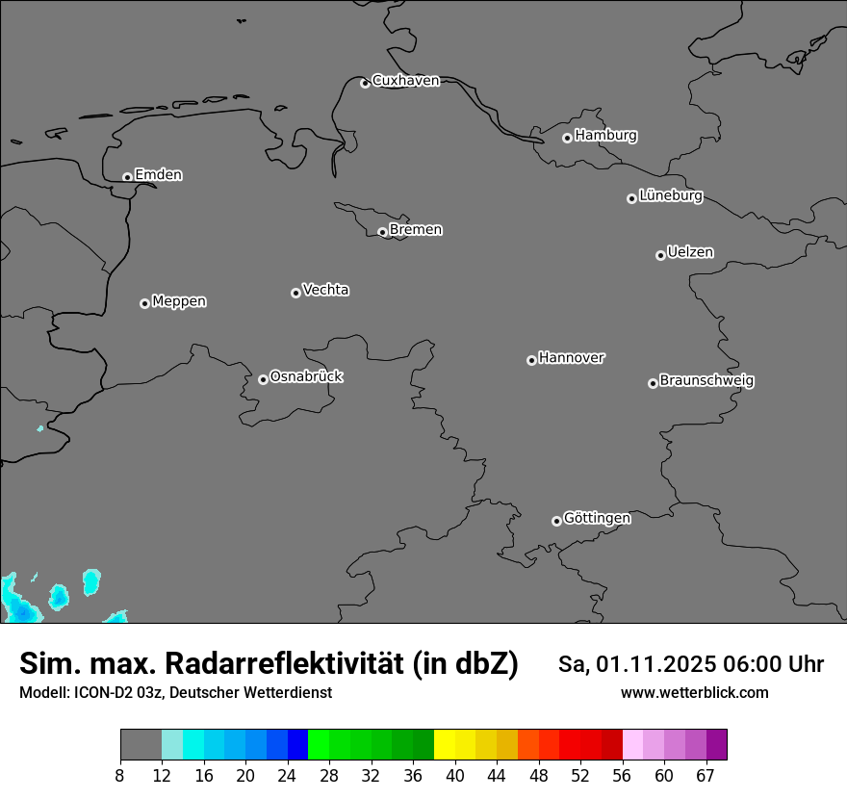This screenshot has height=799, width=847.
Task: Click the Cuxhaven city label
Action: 405,81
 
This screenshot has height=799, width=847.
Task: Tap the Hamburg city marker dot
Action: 568,138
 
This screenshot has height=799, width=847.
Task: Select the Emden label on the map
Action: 158,175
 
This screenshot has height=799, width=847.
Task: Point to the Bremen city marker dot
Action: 382,232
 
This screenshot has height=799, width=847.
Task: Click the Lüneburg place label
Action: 670,196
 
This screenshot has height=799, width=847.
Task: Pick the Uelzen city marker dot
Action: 660,255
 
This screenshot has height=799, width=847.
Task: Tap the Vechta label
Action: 325,290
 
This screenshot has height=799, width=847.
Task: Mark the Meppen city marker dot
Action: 144,303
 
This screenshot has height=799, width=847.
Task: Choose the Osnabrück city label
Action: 306,377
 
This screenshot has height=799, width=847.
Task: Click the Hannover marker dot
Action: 531,360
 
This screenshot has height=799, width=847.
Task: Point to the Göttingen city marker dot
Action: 556,521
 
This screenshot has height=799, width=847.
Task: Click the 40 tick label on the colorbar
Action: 454,776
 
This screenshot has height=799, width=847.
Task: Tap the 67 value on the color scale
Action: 706,776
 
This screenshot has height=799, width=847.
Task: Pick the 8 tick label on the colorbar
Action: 120,776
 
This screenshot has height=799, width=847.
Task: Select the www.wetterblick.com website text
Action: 694,693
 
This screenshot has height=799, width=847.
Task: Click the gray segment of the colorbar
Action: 141,745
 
